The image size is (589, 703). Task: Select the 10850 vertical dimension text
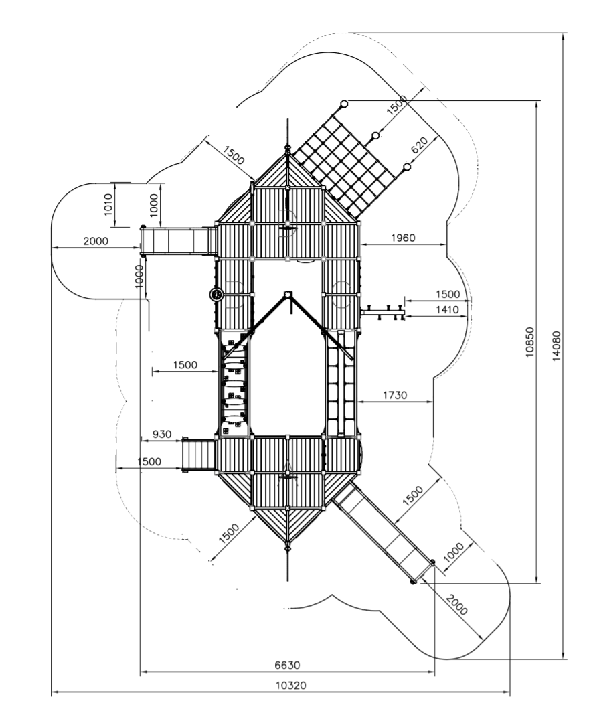coord(530,342)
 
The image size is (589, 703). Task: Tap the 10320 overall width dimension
coord(291,685)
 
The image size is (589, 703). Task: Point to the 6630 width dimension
coord(287,664)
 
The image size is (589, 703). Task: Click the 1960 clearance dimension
coord(403,238)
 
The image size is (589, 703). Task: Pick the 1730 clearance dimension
coord(395,395)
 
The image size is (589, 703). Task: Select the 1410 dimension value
coord(447,309)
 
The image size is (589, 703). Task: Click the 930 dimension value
coord(162,434)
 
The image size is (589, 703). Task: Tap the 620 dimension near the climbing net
coord(419,145)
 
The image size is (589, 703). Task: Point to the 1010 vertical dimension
coord(108,204)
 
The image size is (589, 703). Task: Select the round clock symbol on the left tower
coord(216,295)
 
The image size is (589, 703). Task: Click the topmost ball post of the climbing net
coord(344,104)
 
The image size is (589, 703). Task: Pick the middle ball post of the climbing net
coord(375,135)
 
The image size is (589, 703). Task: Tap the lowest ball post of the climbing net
coord(407,167)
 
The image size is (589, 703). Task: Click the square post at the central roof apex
coord(287,294)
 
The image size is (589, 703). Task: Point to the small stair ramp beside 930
coord(199,455)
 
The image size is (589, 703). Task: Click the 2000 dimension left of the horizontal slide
coord(96,241)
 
